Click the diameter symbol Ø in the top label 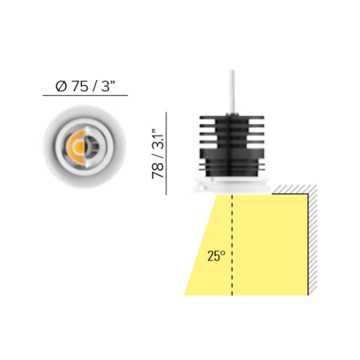pos(62,86)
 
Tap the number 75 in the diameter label pos(80,86)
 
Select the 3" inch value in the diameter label pos(108,86)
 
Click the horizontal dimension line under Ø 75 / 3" pos(85,95)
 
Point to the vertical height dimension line pos(166,153)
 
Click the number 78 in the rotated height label pos(158,171)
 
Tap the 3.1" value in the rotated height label pos(158,139)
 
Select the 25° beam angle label pos(216,256)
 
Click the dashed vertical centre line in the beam pos(232,245)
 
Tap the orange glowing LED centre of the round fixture pos(79,147)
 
